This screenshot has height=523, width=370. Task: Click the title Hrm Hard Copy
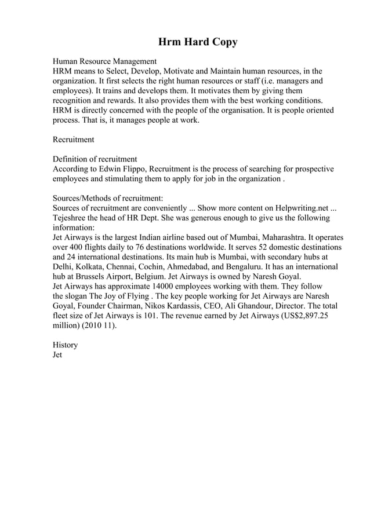coord(198,42)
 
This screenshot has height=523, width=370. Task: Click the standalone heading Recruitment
coord(73,140)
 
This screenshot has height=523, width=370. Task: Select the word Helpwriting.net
coord(302,208)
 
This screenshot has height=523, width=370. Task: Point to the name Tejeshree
coord(72,218)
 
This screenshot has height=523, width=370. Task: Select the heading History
coord(65,345)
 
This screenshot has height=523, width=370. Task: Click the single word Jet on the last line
coord(57,354)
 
